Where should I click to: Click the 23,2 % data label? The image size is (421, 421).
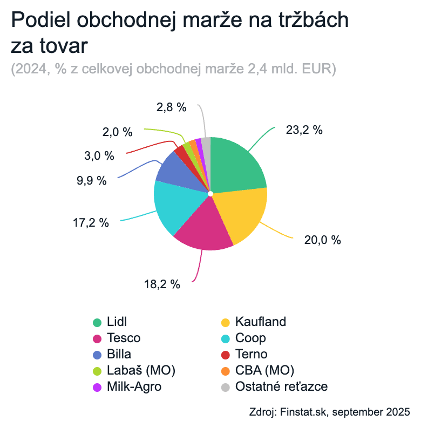click(x=304, y=130)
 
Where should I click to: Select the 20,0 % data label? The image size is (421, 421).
click(x=323, y=240)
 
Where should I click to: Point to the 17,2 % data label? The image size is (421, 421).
click(x=91, y=222)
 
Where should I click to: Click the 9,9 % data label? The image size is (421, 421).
click(x=92, y=180)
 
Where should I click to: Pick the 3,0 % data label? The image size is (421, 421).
click(x=99, y=156)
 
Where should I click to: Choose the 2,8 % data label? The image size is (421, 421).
click(x=172, y=107)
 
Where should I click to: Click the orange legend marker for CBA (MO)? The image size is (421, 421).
click(x=226, y=371)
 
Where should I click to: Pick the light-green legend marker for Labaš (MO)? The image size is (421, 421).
click(x=98, y=371)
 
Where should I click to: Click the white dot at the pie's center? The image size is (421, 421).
click(x=210, y=193)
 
